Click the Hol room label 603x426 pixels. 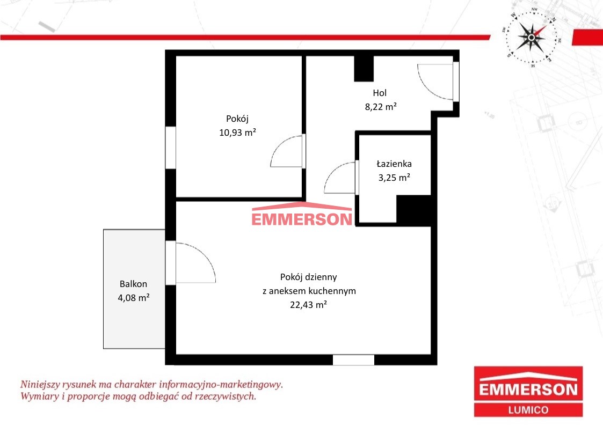pos(380,93)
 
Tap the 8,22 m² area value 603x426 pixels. pos(381,106)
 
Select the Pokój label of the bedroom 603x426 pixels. pos(237,119)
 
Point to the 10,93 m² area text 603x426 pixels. pos(238,133)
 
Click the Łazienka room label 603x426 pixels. pos(394,164)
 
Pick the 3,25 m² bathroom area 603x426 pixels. pos(394,178)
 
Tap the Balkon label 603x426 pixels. pos(134,284)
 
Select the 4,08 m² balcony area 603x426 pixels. pos(134,298)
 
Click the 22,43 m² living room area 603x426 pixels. pos(308,305)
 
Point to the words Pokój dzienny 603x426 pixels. pos(308,277)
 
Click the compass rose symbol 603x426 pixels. pos(532,37)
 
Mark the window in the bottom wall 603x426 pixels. pos(353,360)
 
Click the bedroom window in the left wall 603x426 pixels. pos(171,148)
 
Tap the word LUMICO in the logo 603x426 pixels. pos(528,410)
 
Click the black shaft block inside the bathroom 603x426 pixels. pos(413,210)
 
